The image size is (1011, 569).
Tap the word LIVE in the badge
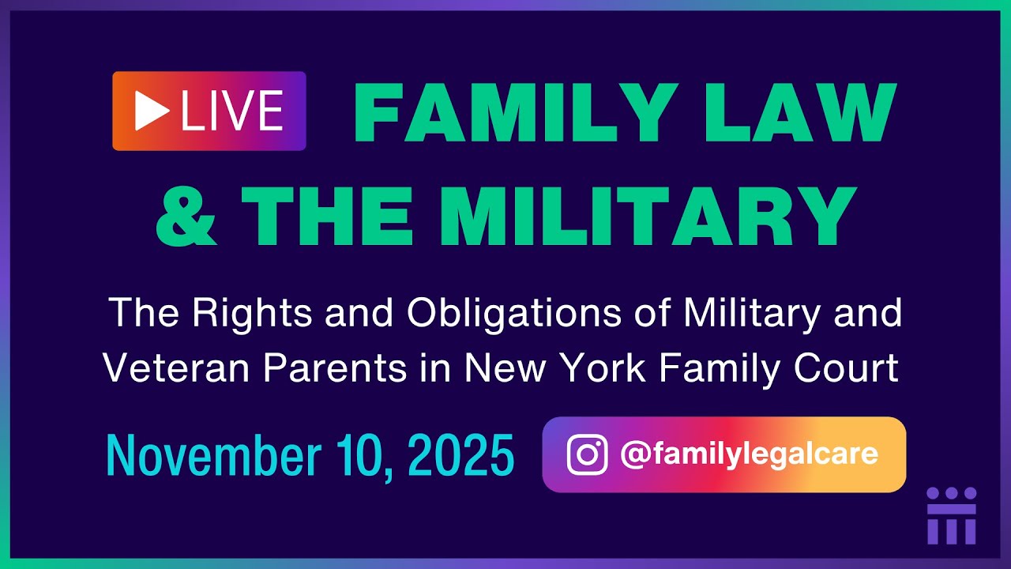click(x=231, y=111)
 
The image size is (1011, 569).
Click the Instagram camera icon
click(x=587, y=454)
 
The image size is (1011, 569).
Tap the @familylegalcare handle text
click(x=749, y=454)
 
